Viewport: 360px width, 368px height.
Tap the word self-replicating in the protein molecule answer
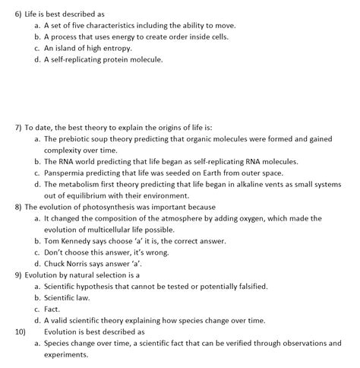80,59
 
